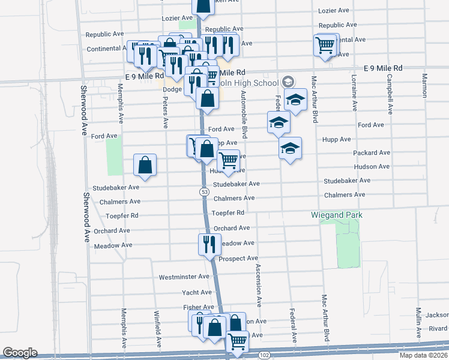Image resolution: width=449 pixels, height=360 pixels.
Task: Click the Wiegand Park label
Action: [337, 215]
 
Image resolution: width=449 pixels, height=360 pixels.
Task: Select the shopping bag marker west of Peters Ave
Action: [145, 165]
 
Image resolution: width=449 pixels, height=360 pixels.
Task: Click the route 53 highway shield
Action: [205, 191]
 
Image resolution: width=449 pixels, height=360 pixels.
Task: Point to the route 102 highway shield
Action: [264, 355]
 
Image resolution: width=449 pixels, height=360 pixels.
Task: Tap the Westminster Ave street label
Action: [184, 277]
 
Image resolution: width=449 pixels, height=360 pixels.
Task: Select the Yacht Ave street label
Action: [197, 292]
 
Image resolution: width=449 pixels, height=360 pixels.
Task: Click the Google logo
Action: [20, 353]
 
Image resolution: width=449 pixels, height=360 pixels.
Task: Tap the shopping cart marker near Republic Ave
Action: [325, 44]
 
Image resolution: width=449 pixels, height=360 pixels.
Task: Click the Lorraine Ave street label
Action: [355, 95]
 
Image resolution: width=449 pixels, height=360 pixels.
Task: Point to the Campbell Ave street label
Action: [390, 95]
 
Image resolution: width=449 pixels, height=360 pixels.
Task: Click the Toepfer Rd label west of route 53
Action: [122, 215]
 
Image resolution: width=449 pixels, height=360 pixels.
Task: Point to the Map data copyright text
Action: [423, 355]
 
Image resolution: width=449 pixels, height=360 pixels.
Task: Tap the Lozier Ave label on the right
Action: [334, 11]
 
